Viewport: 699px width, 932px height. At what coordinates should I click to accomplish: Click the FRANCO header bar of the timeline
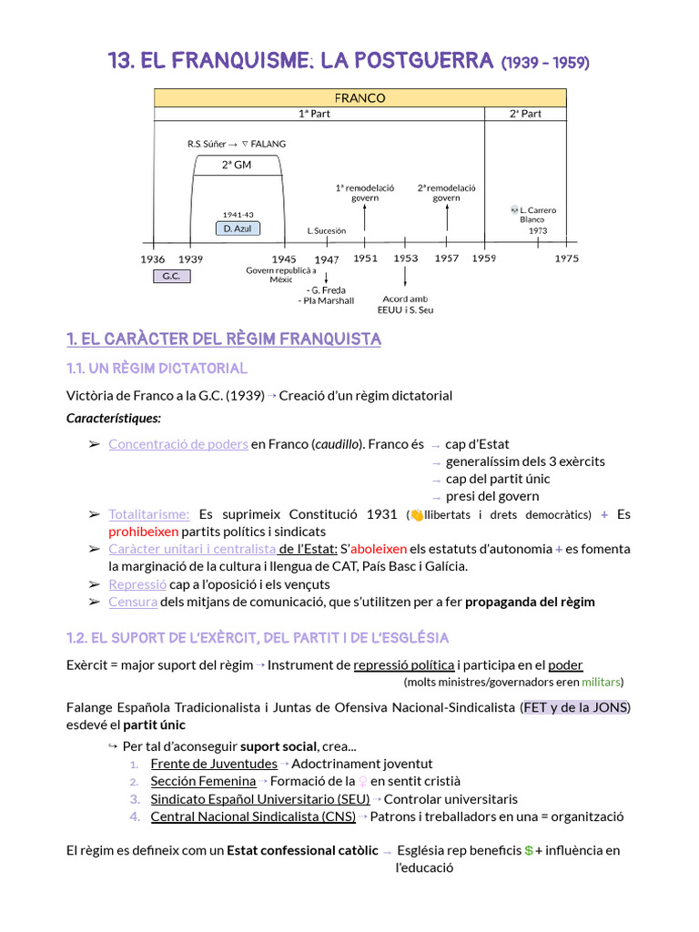click(360, 97)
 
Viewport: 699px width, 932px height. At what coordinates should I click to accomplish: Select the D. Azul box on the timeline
click(237, 228)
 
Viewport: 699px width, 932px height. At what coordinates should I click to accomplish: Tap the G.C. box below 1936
click(171, 276)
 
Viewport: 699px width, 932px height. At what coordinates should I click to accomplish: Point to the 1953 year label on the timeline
click(406, 258)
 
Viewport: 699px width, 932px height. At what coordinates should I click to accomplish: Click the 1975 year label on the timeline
click(566, 258)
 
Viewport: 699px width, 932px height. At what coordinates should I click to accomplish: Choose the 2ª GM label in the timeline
click(237, 165)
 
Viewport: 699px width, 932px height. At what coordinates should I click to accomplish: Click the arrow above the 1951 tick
click(365, 218)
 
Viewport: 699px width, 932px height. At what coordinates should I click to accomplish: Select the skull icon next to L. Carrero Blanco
click(514, 210)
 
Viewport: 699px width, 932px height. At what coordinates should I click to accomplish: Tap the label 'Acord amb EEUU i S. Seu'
click(405, 304)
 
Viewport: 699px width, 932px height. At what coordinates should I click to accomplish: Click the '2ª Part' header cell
click(525, 114)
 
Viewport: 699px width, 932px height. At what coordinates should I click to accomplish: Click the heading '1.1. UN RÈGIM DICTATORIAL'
click(157, 369)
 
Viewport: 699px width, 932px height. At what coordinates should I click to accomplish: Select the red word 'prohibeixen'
click(143, 532)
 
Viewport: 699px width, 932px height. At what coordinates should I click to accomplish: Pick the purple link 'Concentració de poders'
click(177, 444)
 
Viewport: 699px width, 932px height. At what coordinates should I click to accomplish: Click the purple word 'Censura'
click(133, 602)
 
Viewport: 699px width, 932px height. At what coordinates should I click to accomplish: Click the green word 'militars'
click(602, 682)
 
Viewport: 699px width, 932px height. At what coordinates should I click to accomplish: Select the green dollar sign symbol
click(529, 851)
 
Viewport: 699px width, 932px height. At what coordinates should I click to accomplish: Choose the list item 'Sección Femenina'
click(203, 781)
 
